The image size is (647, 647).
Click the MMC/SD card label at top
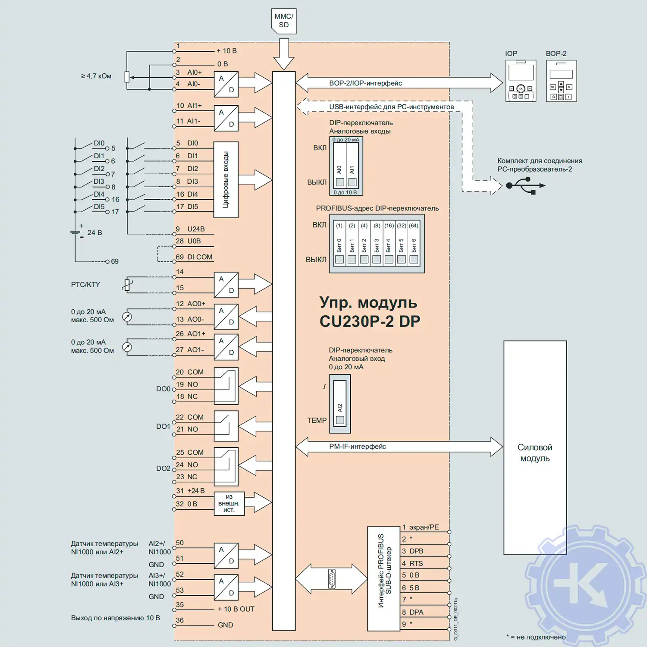point(283,21)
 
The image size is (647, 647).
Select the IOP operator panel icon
point(521,81)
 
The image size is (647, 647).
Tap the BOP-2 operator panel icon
point(561,81)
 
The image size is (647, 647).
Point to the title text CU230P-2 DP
point(370,321)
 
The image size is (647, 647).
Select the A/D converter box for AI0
point(226,84)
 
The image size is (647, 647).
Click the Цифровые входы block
point(226,179)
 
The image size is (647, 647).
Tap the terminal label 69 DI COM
point(194,257)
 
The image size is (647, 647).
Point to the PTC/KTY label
point(85,285)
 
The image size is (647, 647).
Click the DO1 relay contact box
point(226,426)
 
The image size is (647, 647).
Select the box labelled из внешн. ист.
point(229,503)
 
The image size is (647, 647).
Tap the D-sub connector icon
point(331,579)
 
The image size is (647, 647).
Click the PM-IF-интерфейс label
point(358,446)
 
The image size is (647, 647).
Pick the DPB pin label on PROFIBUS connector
point(416,551)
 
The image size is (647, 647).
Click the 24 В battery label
point(94,233)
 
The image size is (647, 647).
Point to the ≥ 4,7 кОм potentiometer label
point(96,76)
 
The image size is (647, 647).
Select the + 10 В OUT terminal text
point(236,609)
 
